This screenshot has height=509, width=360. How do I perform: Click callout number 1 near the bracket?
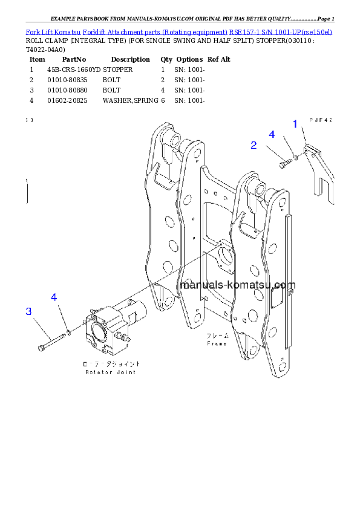(295, 125)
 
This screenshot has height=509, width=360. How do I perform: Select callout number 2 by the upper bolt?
(254, 145)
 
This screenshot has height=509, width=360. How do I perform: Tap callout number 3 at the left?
(28, 311)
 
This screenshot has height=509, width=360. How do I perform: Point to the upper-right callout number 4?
(272, 134)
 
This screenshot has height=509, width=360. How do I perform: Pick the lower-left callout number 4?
(54, 297)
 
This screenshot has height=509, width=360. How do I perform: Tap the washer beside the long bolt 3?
(70, 332)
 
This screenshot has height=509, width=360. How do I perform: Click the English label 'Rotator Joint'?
(111, 372)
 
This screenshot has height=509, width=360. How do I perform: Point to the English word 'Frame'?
(217, 343)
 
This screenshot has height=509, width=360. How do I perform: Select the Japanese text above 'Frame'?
(217, 336)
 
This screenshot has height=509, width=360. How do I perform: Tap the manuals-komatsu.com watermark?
(237, 285)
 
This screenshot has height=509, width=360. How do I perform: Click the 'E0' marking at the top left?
(29, 120)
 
